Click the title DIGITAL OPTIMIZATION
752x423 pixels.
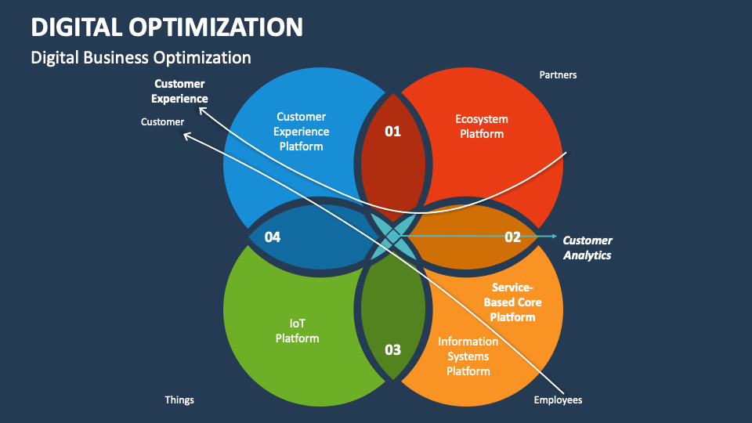167,27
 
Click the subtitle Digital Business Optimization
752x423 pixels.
141,58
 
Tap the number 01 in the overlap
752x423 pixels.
392,131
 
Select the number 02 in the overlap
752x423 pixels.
512,237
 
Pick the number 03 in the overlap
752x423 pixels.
392,349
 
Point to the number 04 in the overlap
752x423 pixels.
273,237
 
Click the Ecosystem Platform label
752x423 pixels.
482,126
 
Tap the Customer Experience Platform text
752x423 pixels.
302,132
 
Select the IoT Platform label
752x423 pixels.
298,331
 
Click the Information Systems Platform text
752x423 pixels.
468,356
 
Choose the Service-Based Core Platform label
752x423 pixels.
513,302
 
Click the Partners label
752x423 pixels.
558,75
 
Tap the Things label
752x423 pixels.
179,399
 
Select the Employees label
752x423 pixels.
558,399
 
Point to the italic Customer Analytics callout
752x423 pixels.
587,248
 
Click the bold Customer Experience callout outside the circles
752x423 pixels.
180,91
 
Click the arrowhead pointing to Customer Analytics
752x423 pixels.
554,236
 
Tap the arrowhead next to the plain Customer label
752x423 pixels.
186,136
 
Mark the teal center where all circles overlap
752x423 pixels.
392,236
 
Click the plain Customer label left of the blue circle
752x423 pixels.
162,122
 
